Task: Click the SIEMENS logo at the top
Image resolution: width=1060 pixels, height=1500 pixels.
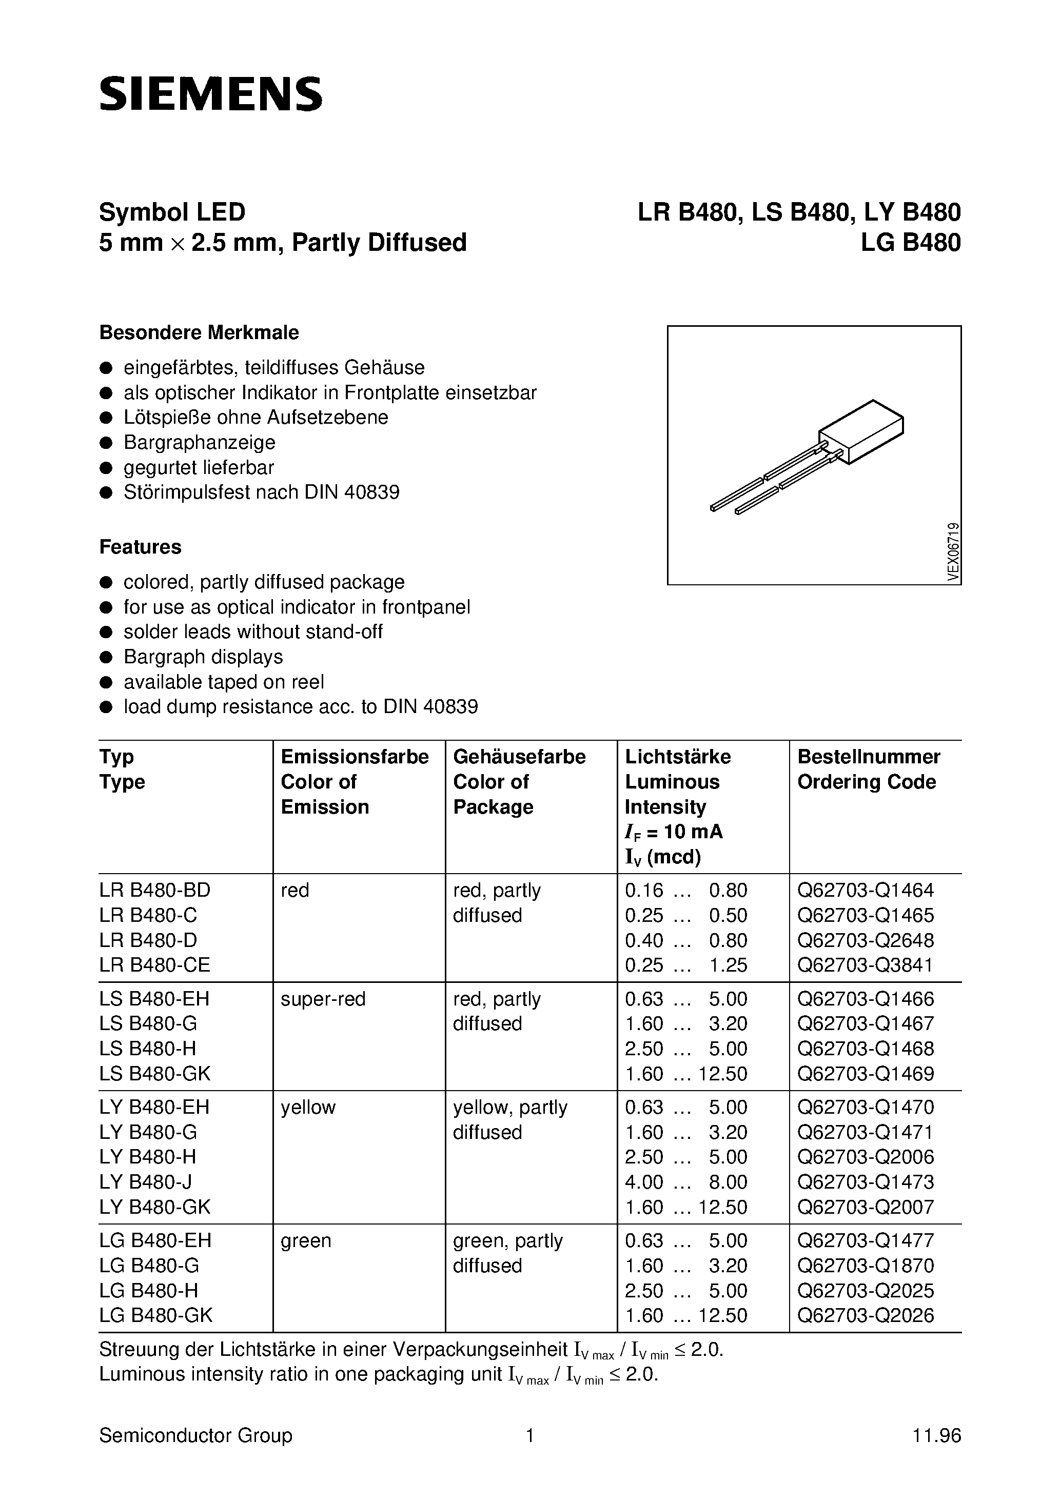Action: (210, 93)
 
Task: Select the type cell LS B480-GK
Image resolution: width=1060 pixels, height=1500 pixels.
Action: (155, 1073)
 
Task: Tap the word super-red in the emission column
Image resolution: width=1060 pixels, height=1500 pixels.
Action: (323, 999)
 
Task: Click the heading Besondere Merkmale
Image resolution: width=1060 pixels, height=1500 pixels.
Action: (199, 332)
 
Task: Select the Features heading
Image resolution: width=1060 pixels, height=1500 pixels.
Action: (140, 547)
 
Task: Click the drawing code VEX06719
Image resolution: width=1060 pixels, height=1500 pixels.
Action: (953, 552)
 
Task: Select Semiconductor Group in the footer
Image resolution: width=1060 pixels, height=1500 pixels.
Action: (195, 1436)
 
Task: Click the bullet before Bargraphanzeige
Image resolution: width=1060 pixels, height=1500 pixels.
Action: (106, 443)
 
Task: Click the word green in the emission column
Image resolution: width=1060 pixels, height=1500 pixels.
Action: (306, 1240)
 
